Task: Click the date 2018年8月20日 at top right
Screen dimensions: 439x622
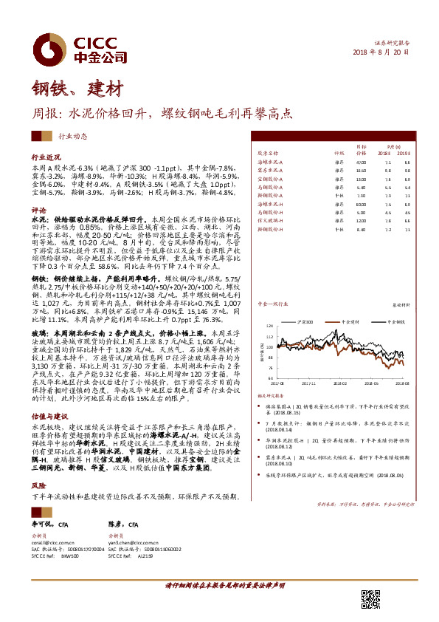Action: [381, 53]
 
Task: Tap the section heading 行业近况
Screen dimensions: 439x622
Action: [46, 158]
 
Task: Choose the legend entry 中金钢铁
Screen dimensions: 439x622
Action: [394, 323]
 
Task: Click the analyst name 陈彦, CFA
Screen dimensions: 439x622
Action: [124, 524]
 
